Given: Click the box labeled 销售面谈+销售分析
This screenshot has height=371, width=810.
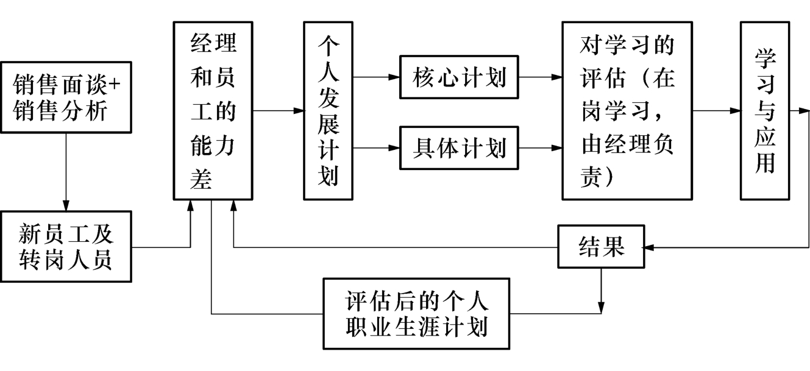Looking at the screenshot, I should (x=66, y=97).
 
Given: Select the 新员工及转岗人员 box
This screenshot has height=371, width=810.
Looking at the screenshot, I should (x=66, y=246).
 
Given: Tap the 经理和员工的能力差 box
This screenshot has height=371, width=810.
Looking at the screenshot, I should (x=213, y=111).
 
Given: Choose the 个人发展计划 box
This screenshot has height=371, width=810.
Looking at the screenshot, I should (x=328, y=111).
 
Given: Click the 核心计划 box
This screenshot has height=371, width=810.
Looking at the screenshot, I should (x=458, y=77).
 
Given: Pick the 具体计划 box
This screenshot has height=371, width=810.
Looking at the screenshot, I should (x=458, y=148).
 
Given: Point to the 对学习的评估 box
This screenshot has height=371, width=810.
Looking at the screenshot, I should (x=627, y=111).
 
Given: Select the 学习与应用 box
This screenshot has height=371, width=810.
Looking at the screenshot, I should (x=764, y=111).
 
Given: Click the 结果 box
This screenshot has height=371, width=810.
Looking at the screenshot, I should (x=601, y=247).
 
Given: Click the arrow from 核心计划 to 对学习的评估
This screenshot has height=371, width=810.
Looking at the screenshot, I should (x=539, y=77).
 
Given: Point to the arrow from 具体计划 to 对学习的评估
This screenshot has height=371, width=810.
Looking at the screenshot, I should (x=539, y=148).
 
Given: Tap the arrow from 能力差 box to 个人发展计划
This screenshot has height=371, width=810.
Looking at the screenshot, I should (x=278, y=111).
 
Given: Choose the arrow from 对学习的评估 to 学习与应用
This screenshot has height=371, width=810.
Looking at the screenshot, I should (x=716, y=111).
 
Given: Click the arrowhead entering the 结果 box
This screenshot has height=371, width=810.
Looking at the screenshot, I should (x=650, y=247).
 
